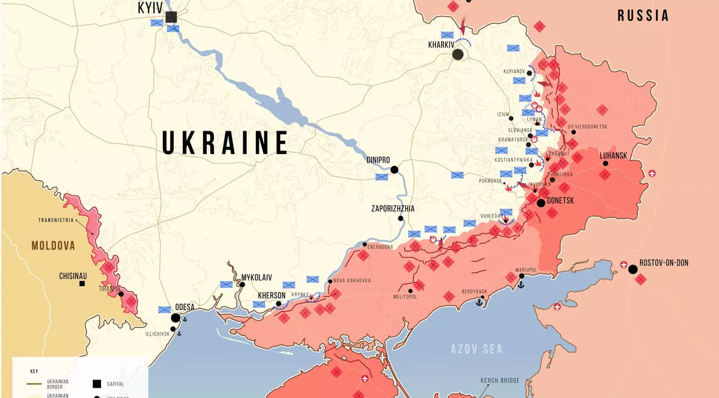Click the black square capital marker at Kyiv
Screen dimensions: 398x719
tap(171, 17)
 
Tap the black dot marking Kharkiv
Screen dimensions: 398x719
tap(458, 55)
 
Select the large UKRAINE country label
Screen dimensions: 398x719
tap(225, 143)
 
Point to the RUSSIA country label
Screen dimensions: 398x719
tap(643, 16)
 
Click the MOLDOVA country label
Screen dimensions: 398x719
tap(54, 246)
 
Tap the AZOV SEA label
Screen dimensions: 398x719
tap(476, 349)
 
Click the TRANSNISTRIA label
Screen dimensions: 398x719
tap(56, 220)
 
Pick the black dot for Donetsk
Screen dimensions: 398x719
tap(540, 203)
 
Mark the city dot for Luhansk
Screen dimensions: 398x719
tap(606, 164)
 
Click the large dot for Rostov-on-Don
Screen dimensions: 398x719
tap(633, 269)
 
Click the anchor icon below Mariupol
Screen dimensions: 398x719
tap(521, 284)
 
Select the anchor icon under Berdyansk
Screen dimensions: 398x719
tap(479, 303)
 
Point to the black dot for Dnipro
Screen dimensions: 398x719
tap(394, 170)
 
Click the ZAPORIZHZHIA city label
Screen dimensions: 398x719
tap(392, 209)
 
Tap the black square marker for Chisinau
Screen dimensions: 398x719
tap(82, 283)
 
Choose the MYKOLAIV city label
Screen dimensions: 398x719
tap(256, 278)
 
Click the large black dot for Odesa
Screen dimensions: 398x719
tap(176, 318)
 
